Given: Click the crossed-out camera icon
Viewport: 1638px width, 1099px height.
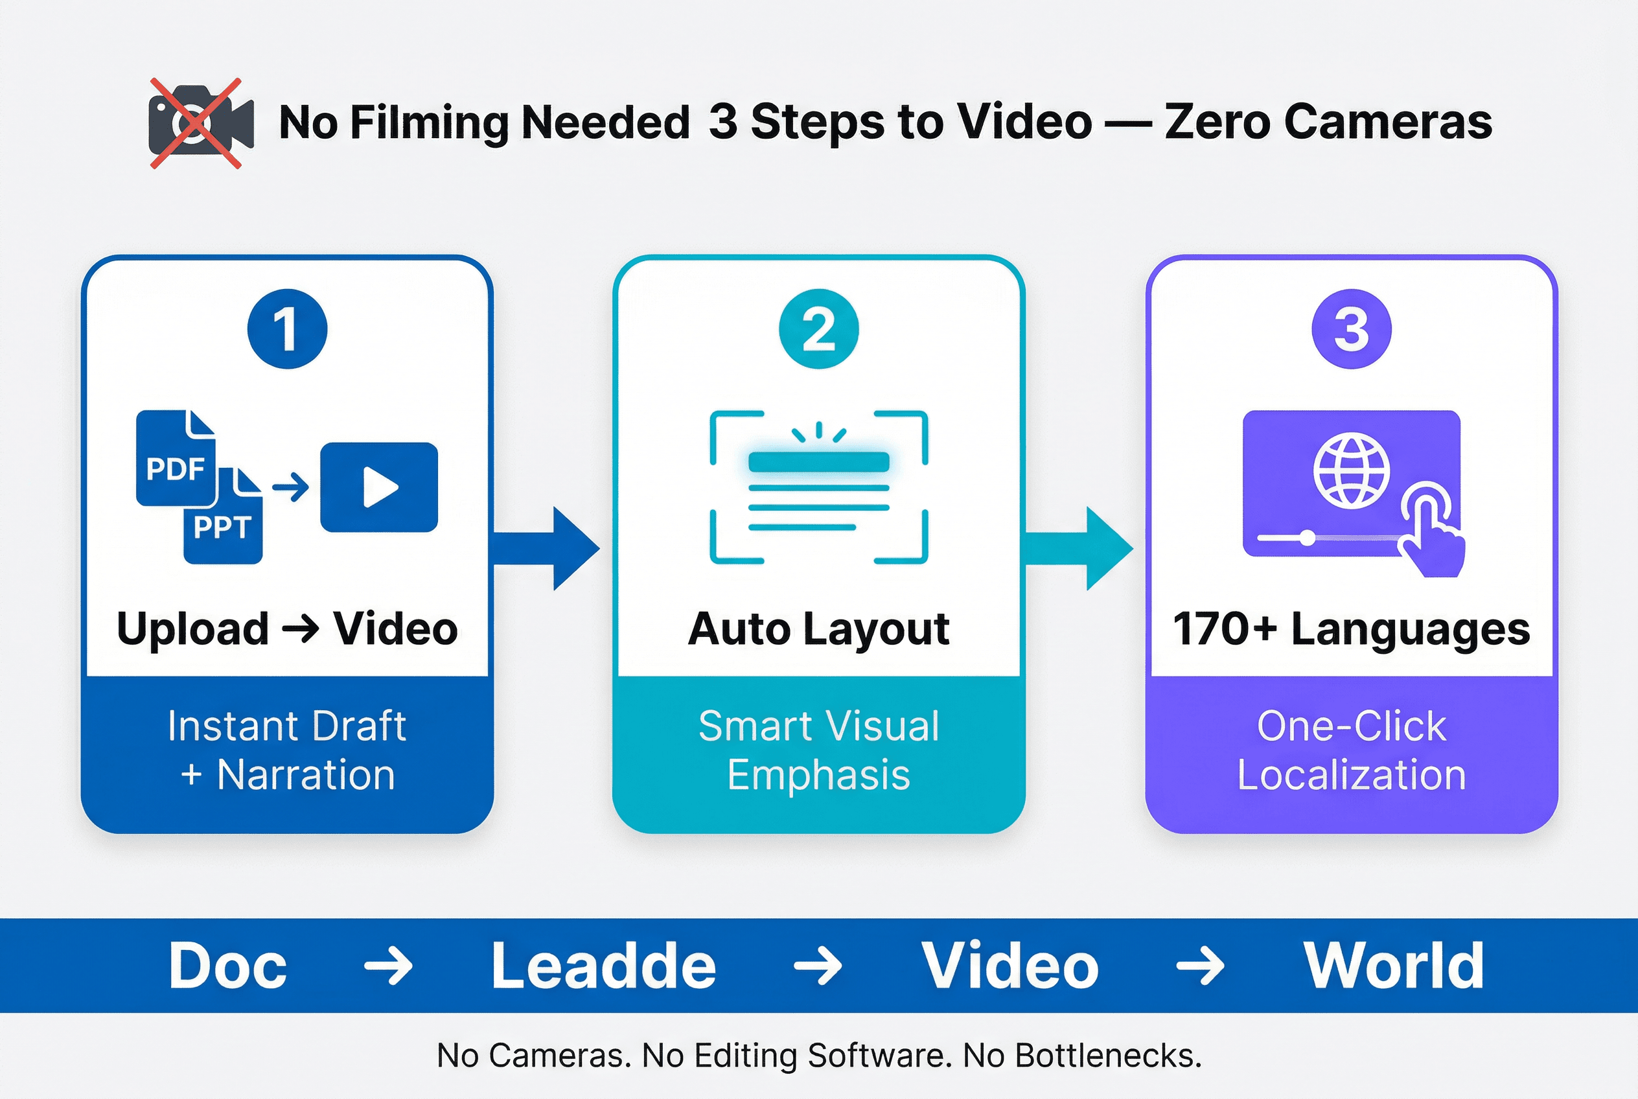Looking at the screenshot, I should click(199, 123).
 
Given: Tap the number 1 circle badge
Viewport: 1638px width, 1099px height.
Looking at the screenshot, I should click(288, 329).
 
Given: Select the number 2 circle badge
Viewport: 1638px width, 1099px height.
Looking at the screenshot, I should click(818, 329).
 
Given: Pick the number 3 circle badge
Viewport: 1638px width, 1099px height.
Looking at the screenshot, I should click(1352, 329).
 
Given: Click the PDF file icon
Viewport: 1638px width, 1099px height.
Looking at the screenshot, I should click(175, 459).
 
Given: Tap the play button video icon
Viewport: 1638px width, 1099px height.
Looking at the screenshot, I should click(379, 487).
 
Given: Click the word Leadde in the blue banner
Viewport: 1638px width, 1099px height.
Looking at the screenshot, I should click(603, 966).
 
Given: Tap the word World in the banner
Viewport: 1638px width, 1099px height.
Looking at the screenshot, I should click(1393, 966).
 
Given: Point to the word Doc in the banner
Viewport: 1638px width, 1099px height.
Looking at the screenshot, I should click(228, 966).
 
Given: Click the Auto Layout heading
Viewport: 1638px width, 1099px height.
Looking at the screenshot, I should click(818, 629).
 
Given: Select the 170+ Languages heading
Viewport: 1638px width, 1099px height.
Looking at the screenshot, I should click(1352, 629).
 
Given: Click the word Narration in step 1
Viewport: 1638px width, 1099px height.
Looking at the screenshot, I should click(306, 775).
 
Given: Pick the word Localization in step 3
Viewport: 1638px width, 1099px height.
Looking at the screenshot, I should click(1352, 775).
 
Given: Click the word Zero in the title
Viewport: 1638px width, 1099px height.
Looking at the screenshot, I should click(1217, 122).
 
